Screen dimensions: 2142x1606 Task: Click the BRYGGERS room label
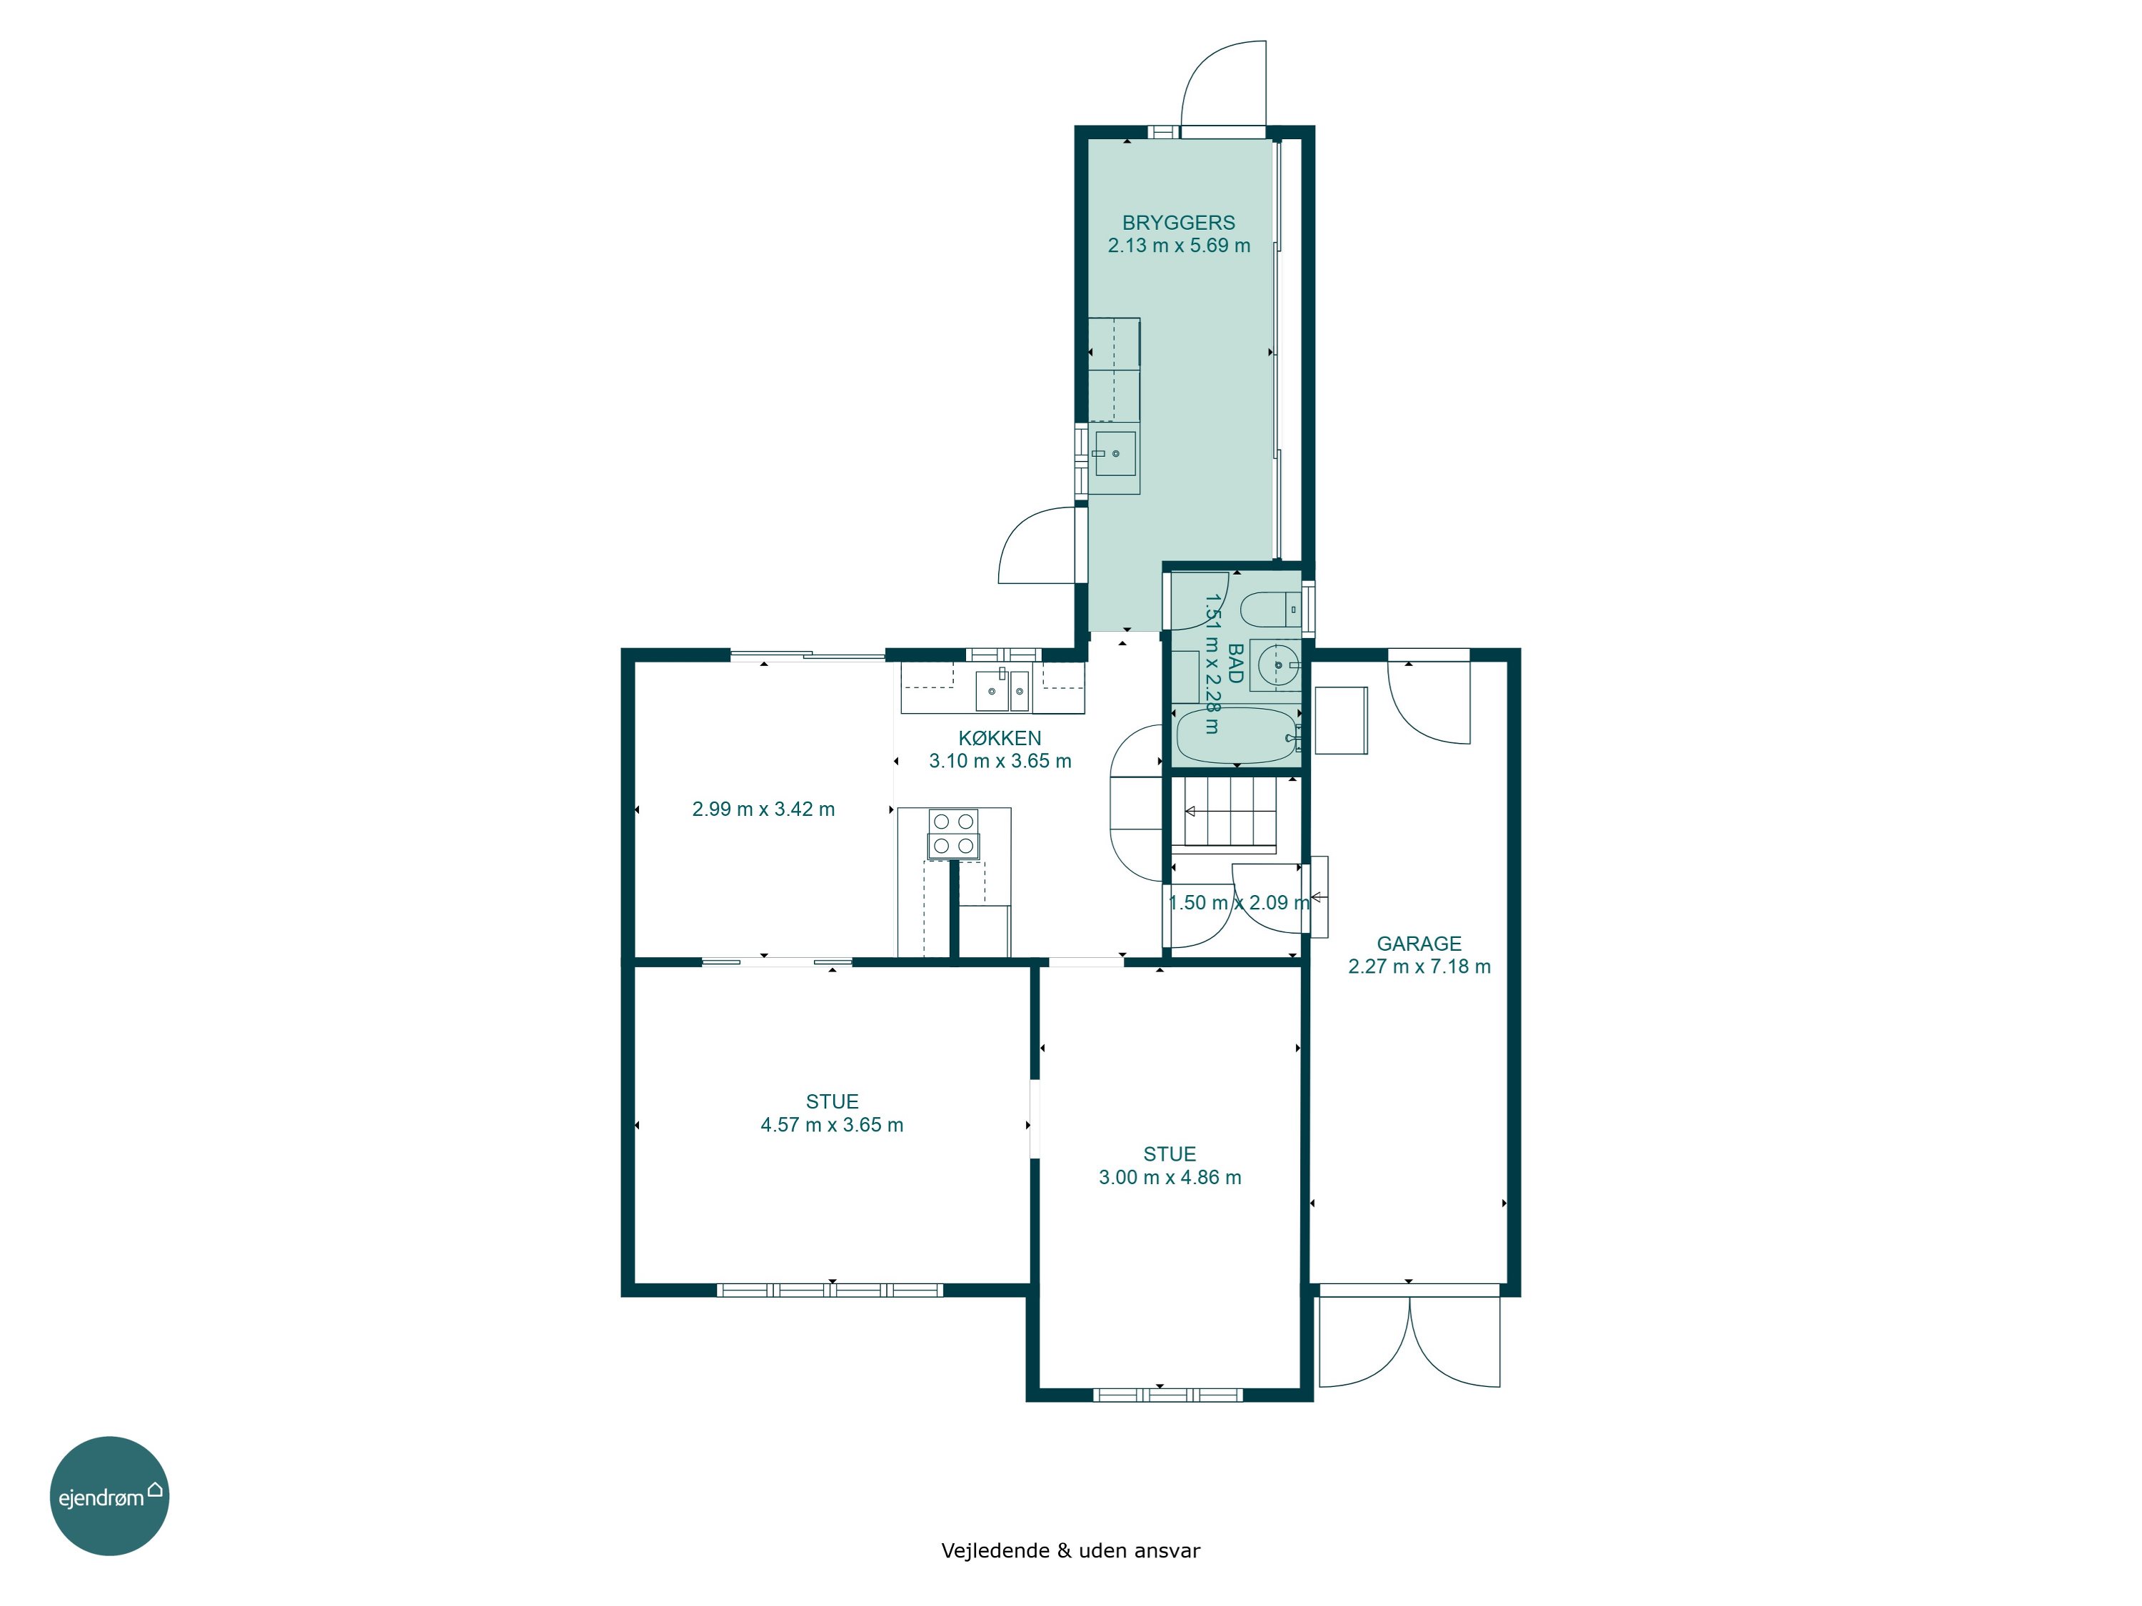pyautogui.click(x=1179, y=223)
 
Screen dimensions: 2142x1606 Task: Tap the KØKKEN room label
pyautogui.click(x=1000, y=737)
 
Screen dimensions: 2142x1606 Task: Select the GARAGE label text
pyautogui.click(x=1419, y=943)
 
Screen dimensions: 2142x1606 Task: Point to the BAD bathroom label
pyautogui.click(x=1235, y=664)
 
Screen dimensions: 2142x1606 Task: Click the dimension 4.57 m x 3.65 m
pyautogui.click(x=832, y=1125)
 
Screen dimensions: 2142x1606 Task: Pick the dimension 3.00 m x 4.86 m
pyautogui.click(x=1170, y=1177)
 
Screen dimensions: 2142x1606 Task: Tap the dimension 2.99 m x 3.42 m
pyautogui.click(x=763, y=809)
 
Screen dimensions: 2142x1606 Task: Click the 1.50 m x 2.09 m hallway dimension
pyautogui.click(x=1240, y=902)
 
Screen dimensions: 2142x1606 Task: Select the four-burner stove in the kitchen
pyautogui.click(x=953, y=834)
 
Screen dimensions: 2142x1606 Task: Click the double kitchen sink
pyautogui.click(x=1002, y=690)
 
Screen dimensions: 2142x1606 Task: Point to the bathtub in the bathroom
pyautogui.click(x=1237, y=736)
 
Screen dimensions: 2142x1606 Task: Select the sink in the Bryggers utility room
pyautogui.click(x=1115, y=453)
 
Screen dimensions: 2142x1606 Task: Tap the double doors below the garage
pyautogui.click(x=1410, y=1340)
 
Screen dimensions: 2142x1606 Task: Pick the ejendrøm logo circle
pyautogui.click(x=109, y=1495)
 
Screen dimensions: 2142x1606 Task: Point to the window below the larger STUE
pyautogui.click(x=830, y=1290)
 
